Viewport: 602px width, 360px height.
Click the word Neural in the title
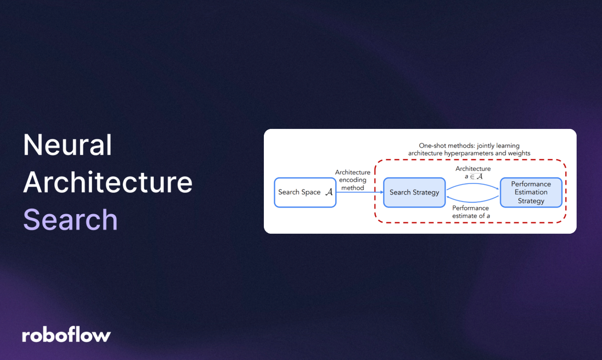[68, 145]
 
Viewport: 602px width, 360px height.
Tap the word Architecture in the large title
[107, 183]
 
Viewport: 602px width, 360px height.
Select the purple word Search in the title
[70, 220]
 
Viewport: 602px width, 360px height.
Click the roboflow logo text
[66, 335]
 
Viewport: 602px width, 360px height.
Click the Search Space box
[305, 192]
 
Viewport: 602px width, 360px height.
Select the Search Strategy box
[414, 192]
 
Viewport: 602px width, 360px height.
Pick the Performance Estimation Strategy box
[531, 192]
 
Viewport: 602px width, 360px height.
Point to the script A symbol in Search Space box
[329, 192]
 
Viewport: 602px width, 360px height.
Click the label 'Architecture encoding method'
[353, 180]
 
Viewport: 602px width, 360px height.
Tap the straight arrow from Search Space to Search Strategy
[359, 193]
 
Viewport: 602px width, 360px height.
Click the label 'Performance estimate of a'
[471, 212]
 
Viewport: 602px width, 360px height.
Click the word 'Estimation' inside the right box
[531, 192]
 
